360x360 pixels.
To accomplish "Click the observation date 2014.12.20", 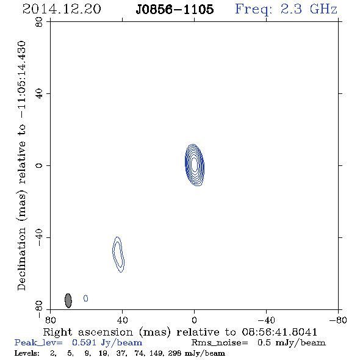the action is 62,9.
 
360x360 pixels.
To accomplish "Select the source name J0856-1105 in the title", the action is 175,9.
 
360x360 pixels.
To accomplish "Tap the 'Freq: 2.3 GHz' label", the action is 286,9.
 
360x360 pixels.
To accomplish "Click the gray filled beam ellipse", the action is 68,301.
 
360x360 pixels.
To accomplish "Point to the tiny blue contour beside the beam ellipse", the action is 85,298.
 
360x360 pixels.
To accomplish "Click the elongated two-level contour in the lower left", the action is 118,255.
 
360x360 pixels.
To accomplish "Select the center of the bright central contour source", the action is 195,165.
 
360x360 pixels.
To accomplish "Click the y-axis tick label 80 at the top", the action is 39,22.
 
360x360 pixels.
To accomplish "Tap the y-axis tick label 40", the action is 39,94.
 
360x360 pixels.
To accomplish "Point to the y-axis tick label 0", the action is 39,165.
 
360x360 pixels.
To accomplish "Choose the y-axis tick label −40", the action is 39,237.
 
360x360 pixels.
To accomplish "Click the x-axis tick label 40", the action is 122,320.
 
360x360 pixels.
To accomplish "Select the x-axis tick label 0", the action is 194,320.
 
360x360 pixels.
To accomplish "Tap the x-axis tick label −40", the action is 266,320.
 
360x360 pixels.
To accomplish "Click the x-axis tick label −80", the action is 338,320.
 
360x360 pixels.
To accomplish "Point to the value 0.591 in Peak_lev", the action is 84,342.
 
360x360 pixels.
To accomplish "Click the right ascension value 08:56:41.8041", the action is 279,332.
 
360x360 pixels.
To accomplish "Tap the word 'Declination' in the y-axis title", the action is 21,259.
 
